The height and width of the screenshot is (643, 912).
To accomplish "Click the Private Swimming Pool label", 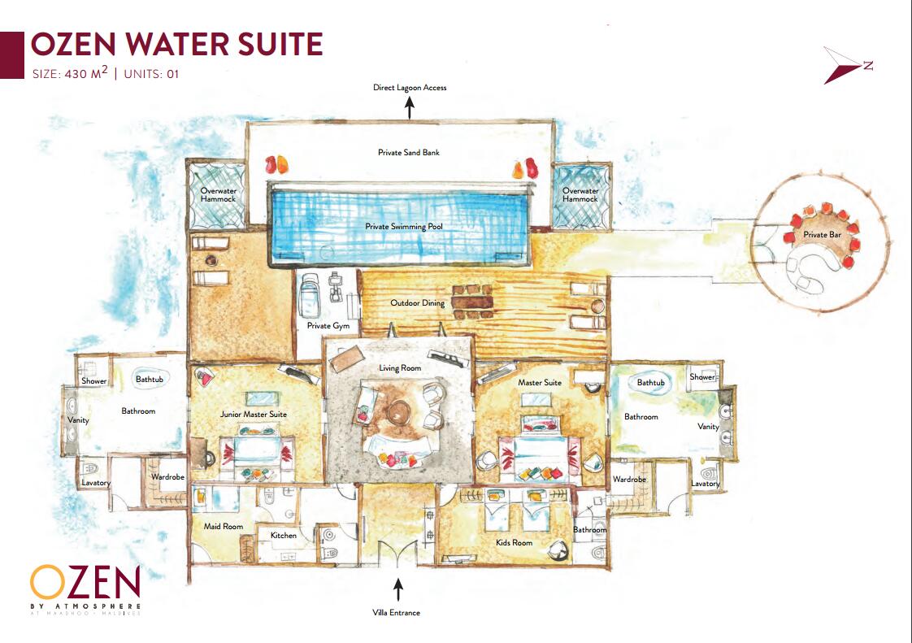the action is click(x=404, y=226).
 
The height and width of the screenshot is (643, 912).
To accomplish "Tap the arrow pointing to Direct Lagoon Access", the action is click(x=410, y=107).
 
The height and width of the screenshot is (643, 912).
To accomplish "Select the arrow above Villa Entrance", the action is click(x=397, y=589).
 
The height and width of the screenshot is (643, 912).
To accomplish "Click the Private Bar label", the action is click(x=822, y=234).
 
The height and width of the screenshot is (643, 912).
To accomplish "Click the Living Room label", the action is click(x=400, y=367).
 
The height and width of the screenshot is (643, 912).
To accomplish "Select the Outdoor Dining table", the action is click(x=471, y=302).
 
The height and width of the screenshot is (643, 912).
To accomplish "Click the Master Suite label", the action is click(x=540, y=382).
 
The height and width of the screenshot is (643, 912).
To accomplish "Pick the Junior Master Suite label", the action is click(x=253, y=415).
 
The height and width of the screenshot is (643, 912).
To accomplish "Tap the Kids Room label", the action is click(x=514, y=542).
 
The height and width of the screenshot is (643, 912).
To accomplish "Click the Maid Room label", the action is click(x=224, y=526).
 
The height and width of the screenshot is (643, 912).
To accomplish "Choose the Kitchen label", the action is click(x=283, y=536).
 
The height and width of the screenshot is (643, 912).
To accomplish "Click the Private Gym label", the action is click(x=328, y=326).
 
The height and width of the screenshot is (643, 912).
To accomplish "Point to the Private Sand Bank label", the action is click(x=408, y=153).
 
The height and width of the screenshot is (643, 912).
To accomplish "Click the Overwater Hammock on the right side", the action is click(x=580, y=196).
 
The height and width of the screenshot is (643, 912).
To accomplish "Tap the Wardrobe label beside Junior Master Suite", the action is click(x=167, y=476).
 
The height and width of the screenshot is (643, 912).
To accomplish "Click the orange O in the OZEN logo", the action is click(x=47, y=583).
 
